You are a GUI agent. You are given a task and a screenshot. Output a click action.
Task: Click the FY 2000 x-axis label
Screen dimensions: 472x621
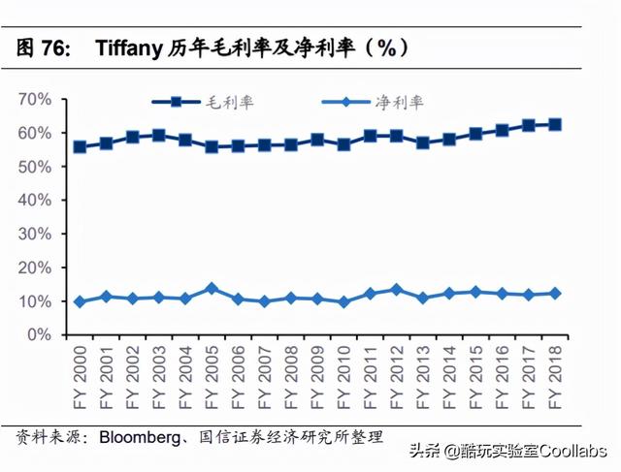(80, 373)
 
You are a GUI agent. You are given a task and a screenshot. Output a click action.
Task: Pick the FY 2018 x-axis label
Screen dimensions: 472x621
(555, 373)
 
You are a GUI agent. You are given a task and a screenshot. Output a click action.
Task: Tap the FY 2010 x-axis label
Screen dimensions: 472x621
(343, 373)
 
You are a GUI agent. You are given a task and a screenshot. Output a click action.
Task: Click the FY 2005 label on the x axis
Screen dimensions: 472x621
(212, 373)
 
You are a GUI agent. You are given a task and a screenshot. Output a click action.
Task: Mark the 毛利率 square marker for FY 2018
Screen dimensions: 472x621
(555, 124)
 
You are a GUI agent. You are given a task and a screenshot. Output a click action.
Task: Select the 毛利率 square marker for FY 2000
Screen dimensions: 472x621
(80, 147)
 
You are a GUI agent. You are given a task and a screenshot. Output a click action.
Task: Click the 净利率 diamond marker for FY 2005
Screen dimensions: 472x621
(212, 289)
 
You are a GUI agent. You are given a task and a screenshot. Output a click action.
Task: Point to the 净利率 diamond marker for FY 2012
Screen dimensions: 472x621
(396, 290)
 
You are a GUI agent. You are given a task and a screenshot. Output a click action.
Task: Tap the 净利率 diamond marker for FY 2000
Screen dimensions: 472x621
(80, 301)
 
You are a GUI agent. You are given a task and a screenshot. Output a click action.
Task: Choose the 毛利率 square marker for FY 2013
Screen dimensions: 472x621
(423, 142)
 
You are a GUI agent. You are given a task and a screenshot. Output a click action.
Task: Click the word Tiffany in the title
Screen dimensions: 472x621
(132, 47)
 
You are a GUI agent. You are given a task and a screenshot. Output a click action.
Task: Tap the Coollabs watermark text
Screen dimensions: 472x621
(572, 452)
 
